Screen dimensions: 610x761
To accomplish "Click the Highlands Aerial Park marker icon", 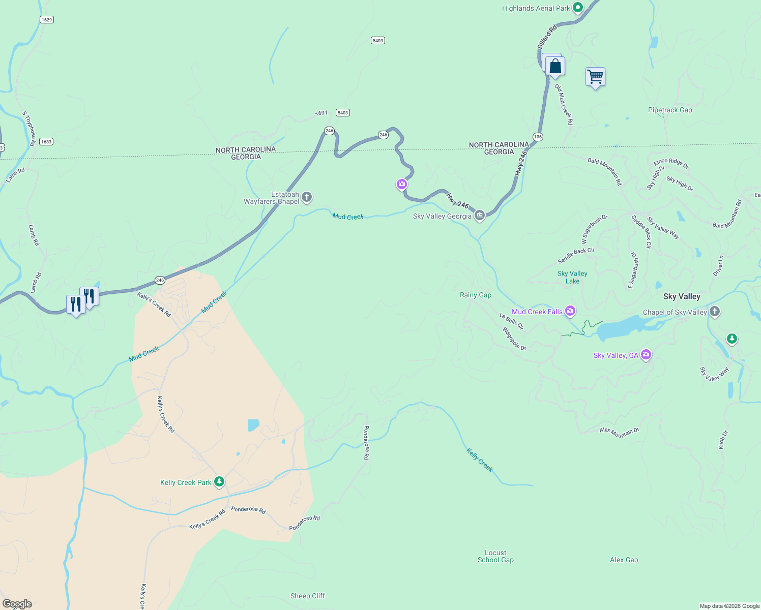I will pyautogui.click(x=577, y=8).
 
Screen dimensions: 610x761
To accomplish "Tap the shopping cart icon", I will pyautogui.click(x=595, y=77).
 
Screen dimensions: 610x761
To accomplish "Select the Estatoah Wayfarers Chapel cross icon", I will pyautogui.click(x=307, y=197).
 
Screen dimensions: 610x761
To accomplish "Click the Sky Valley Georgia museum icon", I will pyautogui.click(x=479, y=216).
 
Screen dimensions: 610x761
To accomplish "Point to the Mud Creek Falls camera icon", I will pyautogui.click(x=570, y=311).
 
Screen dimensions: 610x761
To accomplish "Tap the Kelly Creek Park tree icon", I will pyautogui.click(x=219, y=481).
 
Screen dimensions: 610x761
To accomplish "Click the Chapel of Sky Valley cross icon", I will pyautogui.click(x=715, y=312).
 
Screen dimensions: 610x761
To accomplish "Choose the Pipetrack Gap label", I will pyautogui.click(x=670, y=110).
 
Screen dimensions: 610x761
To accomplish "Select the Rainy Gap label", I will pyautogui.click(x=476, y=295).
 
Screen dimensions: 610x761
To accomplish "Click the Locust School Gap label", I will pyautogui.click(x=495, y=556).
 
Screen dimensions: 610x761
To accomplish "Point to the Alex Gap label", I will pyautogui.click(x=624, y=560).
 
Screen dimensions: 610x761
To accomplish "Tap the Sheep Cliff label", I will pyautogui.click(x=307, y=596).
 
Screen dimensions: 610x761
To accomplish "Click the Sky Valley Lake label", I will pyautogui.click(x=572, y=277).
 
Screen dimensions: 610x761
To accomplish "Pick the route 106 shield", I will pyautogui.click(x=538, y=137).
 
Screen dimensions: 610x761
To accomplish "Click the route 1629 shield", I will pyautogui.click(x=47, y=20).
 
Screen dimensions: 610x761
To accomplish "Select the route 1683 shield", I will pyautogui.click(x=46, y=142).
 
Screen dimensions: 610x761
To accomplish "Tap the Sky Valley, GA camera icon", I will pyautogui.click(x=646, y=354).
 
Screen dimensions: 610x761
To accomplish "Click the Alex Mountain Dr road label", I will pyautogui.click(x=619, y=433).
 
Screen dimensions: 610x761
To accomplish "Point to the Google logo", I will pyautogui.click(x=17, y=604).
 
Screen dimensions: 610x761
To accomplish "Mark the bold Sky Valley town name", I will pyautogui.click(x=682, y=296).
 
